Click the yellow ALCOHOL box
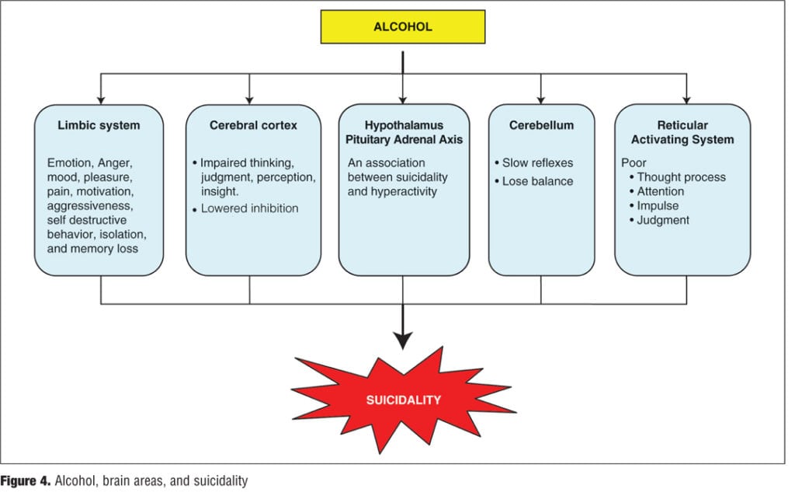[402, 26]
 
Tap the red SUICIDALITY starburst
[403, 400]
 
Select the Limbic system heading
[99, 125]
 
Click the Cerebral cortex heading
[253, 125]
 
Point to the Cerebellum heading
[541, 125]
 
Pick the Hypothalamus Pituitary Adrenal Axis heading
[404, 132]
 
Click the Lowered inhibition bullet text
[249, 208]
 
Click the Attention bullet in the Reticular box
[661, 191]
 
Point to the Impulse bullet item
[658, 206]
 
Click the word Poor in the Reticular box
[634, 162]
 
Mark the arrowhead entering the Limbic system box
[101, 99]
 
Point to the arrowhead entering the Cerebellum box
[541, 99]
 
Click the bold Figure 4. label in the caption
[25, 481]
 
